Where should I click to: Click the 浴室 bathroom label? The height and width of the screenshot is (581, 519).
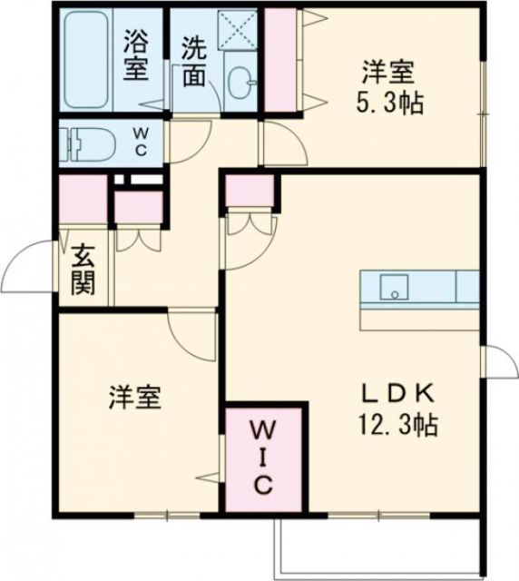pos(136,56)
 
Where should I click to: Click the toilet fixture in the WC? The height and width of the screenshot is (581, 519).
pos(83,143)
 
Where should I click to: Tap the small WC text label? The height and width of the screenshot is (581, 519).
pos(142,142)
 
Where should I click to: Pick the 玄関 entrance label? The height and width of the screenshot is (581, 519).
pos(83,270)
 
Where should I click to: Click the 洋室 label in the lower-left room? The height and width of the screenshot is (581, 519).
pos(136,397)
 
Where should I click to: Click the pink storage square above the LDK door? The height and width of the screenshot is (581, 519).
pos(249,192)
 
